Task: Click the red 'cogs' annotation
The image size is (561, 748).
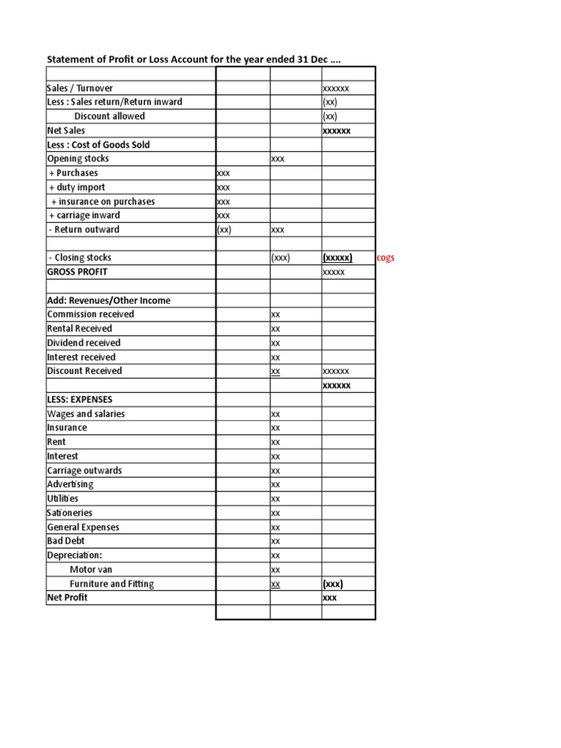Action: (x=386, y=258)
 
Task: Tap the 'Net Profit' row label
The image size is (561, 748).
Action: (x=67, y=598)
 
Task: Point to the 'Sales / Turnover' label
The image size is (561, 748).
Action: (x=80, y=88)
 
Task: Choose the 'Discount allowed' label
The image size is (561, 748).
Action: (x=110, y=116)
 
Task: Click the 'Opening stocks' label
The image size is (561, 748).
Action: (x=78, y=159)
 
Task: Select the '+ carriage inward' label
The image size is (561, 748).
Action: (x=84, y=215)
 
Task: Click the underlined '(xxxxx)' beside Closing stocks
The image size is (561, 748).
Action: (x=337, y=258)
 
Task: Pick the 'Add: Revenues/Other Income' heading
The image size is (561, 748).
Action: (x=109, y=300)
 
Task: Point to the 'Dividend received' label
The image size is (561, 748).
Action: (x=84, y=343)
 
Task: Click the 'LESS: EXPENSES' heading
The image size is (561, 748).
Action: (x=80, y=400)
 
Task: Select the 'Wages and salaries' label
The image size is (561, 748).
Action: (x=86, y=413)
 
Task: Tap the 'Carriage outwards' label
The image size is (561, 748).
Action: (x=85, y=470)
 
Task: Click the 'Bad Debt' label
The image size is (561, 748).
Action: (x=66, y=541)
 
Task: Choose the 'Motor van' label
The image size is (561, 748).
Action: (x=91, y=569)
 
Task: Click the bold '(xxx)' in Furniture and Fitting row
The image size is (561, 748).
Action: (x=333, y=584)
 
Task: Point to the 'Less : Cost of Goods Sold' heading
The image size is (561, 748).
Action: (x=99, y=145)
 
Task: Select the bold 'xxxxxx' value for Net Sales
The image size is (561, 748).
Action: (x=337, y=131)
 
